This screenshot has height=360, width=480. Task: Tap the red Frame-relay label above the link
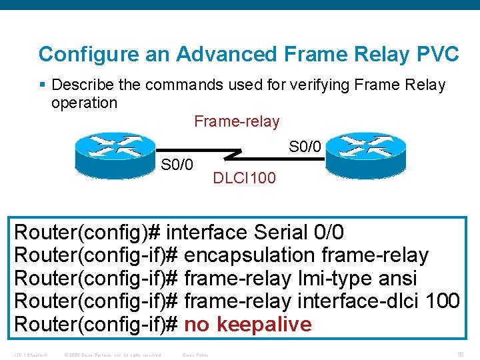237,121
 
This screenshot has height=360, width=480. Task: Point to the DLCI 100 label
243,178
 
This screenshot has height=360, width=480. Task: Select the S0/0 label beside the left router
177,164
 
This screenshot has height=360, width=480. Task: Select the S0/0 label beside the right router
305,145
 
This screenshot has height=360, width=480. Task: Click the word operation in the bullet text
84,103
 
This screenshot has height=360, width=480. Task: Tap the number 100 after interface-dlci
442,301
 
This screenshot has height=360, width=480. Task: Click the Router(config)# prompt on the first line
87,233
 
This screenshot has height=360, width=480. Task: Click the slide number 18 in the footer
460,354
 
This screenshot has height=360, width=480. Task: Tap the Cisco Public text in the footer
195,355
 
